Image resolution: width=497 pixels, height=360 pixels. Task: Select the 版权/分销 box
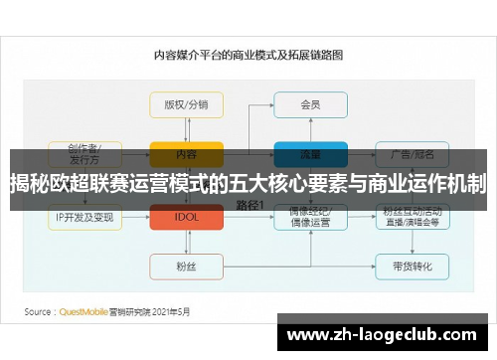tap(186, 104)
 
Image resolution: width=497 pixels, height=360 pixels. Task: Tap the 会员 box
tap(310, 104)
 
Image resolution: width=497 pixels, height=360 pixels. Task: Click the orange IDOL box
tap(186, 216)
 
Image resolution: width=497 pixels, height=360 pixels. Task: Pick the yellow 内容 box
tap(186, 153)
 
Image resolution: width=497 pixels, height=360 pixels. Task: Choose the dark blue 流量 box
tap(310, 153)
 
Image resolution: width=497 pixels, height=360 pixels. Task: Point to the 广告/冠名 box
tap(412, 153)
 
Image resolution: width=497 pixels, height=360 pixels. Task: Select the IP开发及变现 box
tap(85, 216)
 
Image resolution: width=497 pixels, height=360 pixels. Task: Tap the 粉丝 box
tap(186, 266)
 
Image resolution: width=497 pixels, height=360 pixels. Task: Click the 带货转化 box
tap(412, 266)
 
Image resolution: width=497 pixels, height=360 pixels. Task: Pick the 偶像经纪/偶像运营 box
tap(310, 216)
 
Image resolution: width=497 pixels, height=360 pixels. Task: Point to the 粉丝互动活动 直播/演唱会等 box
tap(412, 216)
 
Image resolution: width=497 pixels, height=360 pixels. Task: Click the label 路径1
tap(249, 204)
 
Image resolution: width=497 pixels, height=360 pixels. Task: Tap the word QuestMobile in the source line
tap(85, 309)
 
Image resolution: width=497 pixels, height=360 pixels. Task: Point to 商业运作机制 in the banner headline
tap(428, 183)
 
